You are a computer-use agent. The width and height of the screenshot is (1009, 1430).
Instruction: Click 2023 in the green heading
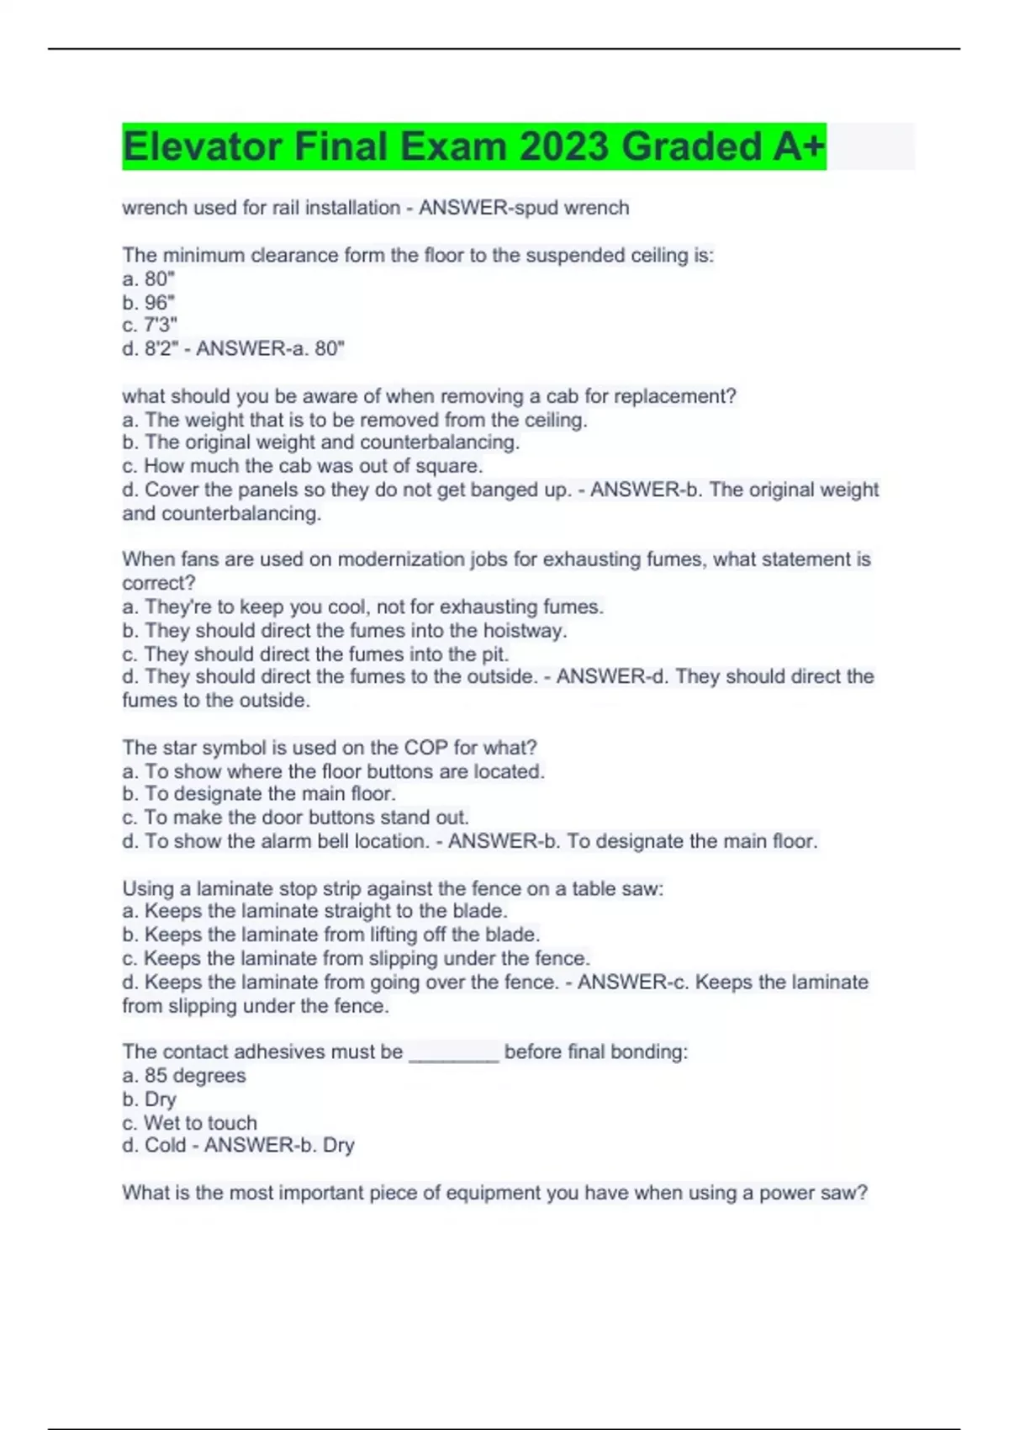pos(563,146)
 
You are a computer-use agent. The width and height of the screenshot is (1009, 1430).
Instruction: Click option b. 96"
pos(149,302)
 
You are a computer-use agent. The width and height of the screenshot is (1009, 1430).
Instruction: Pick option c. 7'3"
pos(150,325)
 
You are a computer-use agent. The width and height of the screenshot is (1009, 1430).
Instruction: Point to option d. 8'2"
pos(151,348)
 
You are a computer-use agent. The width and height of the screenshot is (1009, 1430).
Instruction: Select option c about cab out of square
pos(303,466)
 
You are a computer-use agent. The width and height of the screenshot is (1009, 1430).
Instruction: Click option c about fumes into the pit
pos(315,654)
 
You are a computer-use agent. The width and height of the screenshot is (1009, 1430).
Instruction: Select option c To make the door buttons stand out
pos(295,817)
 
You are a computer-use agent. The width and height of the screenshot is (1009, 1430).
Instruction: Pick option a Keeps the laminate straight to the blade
pos(315,911)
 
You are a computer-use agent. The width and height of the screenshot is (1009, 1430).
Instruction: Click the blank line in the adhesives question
pos(454,1052)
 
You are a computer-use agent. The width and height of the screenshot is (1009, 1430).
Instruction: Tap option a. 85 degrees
pos(184,1076)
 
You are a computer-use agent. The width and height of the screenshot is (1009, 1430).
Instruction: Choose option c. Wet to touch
pos(190,1123)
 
